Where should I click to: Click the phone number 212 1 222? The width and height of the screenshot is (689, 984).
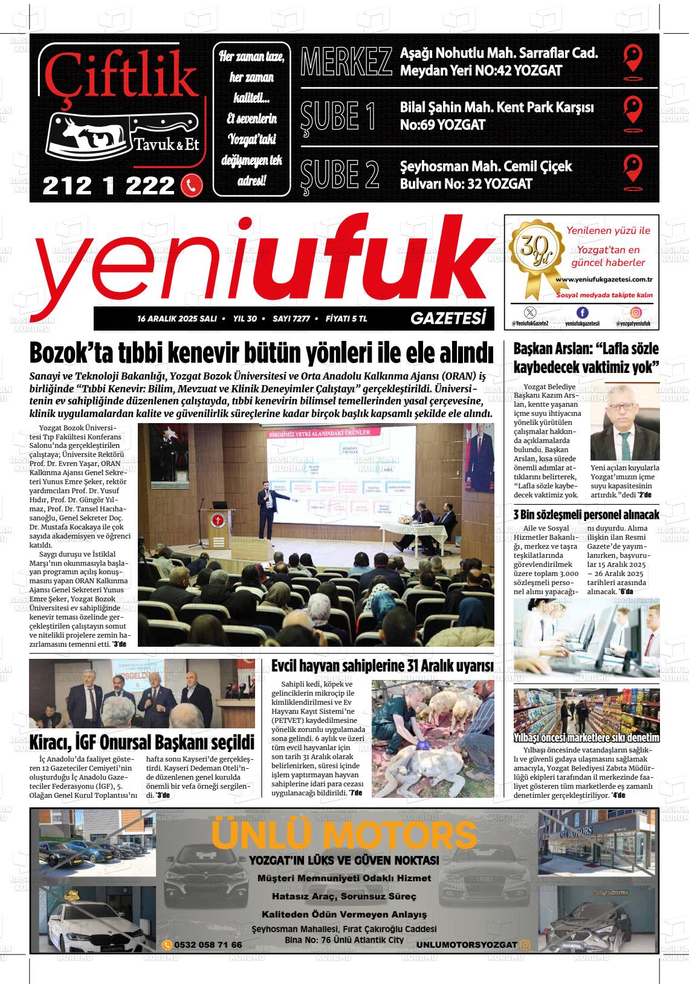pos(109,186)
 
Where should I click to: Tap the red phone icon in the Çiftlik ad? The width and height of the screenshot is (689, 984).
pos(192,186)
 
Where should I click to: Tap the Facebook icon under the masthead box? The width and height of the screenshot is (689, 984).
pos(582,312)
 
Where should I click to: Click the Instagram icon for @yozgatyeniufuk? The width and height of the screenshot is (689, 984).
pos(636,312)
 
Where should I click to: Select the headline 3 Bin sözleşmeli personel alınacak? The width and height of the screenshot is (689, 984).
pos(586,515)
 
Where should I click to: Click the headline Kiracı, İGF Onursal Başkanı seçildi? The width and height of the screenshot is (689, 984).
pos(142,741)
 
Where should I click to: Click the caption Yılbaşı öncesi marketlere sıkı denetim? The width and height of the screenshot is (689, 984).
pos(586,737)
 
